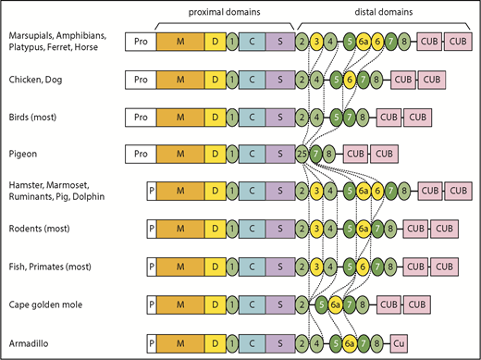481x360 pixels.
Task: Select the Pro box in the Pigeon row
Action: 141,154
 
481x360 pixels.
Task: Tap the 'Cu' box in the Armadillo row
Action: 400,341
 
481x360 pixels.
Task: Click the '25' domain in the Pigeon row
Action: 302,154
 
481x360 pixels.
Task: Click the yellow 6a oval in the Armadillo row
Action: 351,341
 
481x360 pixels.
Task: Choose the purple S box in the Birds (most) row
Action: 278,117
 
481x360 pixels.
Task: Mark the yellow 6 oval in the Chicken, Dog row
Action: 351,79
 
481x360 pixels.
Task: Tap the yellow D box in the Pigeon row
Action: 215,154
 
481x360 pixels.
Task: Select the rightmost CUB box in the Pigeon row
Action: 385,154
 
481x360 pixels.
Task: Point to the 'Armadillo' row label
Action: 31,341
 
